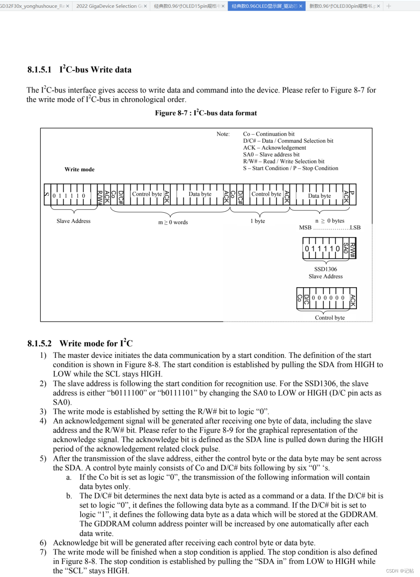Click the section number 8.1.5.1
coord(40,70)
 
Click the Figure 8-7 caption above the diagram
coord(206,113)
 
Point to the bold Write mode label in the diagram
coord(79,170)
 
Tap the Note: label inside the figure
coord(223,134)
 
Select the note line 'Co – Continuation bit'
coord(268,134)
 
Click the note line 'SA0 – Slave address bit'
coord(271,154)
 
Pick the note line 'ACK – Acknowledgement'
coord(274,148)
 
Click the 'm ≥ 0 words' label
coord(173,222)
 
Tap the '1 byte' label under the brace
coord(257,221)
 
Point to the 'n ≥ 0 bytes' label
coord(330,220)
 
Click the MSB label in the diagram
coord(305,227)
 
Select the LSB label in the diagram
coord(355,227)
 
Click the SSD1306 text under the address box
coord(325,269)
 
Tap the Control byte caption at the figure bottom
coord(330,317)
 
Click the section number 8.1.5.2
coord(40,344)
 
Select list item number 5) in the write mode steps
coord(43,458)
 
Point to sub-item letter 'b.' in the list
coord(69,496)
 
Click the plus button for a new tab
coord(389,6)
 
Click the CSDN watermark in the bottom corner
coord(400,571)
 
